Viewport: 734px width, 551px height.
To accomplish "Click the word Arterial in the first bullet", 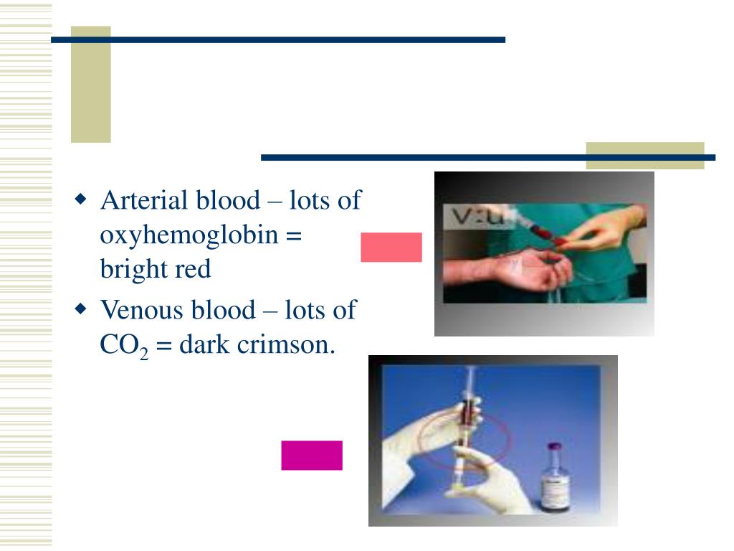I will coord(139,200).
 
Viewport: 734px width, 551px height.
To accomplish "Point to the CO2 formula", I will coord(123,347).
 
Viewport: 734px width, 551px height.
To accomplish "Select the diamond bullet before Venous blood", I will coord(81,309).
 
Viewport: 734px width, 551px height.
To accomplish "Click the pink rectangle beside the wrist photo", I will coord(391,247).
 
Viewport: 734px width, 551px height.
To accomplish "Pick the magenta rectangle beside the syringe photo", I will coord(312,455).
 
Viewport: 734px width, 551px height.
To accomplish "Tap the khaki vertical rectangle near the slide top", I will coord(91,85).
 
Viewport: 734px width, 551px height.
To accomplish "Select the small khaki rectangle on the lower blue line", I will coord(645,156).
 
